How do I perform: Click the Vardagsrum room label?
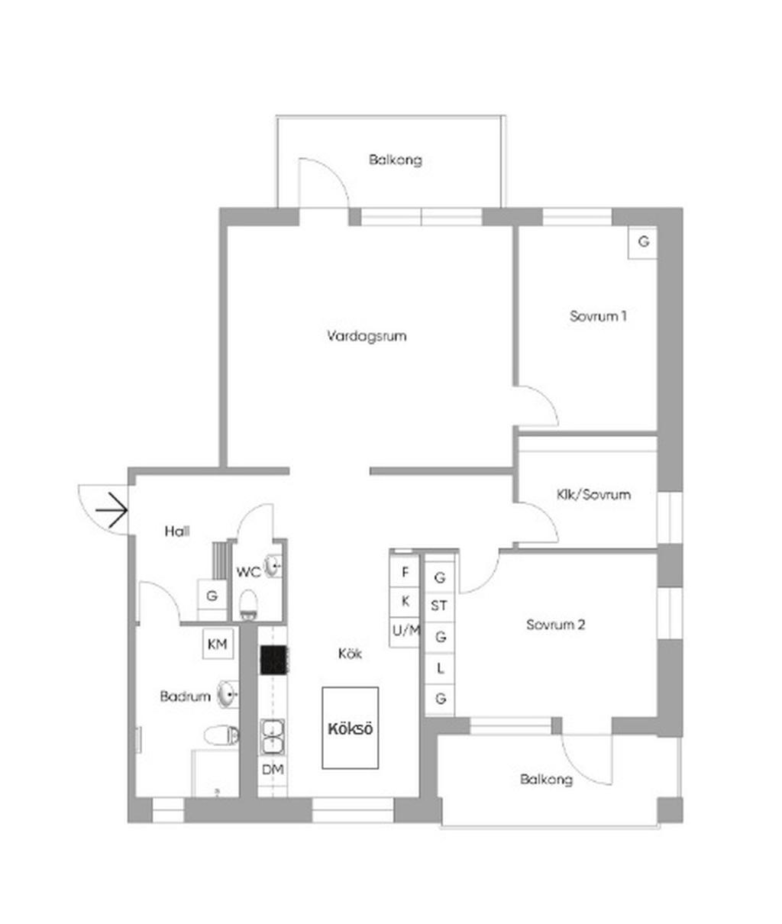[367, 336]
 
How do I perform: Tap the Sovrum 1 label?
[598, 316]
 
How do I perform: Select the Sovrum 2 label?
[555, 625]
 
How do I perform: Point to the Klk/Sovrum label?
[593, 494]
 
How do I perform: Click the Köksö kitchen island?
[350, 729]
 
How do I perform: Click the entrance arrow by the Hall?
[111, 510]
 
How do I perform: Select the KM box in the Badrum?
[218, 645]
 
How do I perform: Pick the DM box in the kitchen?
[273, 770]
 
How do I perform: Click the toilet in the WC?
[248, 604]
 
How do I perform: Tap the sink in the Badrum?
[228, 695]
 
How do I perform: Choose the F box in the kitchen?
[405, 572]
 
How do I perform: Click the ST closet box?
[439, 606]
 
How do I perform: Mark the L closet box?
[440, 669]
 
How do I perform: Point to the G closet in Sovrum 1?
[643, 242]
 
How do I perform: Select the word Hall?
[177, 531]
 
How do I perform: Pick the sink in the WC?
[273, 567]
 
